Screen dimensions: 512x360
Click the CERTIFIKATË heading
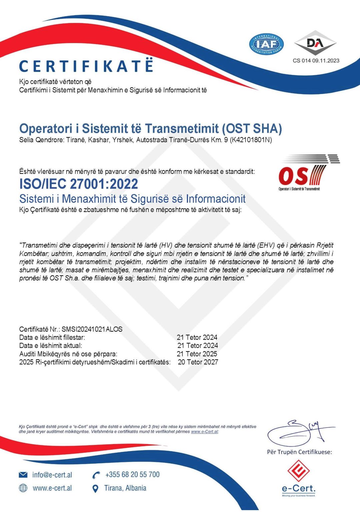pos(86,66)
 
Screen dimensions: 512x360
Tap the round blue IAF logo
pos(266,44)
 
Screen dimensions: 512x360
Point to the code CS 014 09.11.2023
pos(316,61)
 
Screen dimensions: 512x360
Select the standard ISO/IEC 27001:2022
pos(79,184)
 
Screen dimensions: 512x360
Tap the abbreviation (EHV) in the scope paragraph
pos(266,245)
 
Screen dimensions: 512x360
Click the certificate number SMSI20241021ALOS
pos(92,329)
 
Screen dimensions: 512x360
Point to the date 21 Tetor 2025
pos(197,354)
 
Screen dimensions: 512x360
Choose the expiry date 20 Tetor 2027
pos(198,362)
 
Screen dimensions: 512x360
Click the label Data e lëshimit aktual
pos(51,346)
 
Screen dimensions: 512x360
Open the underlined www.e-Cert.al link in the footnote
pos(204,432)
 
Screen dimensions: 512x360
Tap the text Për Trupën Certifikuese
pos(299,452)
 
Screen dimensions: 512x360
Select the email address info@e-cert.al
pos(52,475)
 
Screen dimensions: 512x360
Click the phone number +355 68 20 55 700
pos(132,475)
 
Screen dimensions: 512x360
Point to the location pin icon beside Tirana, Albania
pos(95,489)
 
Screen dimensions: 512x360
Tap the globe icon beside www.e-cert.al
pos(23,488)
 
